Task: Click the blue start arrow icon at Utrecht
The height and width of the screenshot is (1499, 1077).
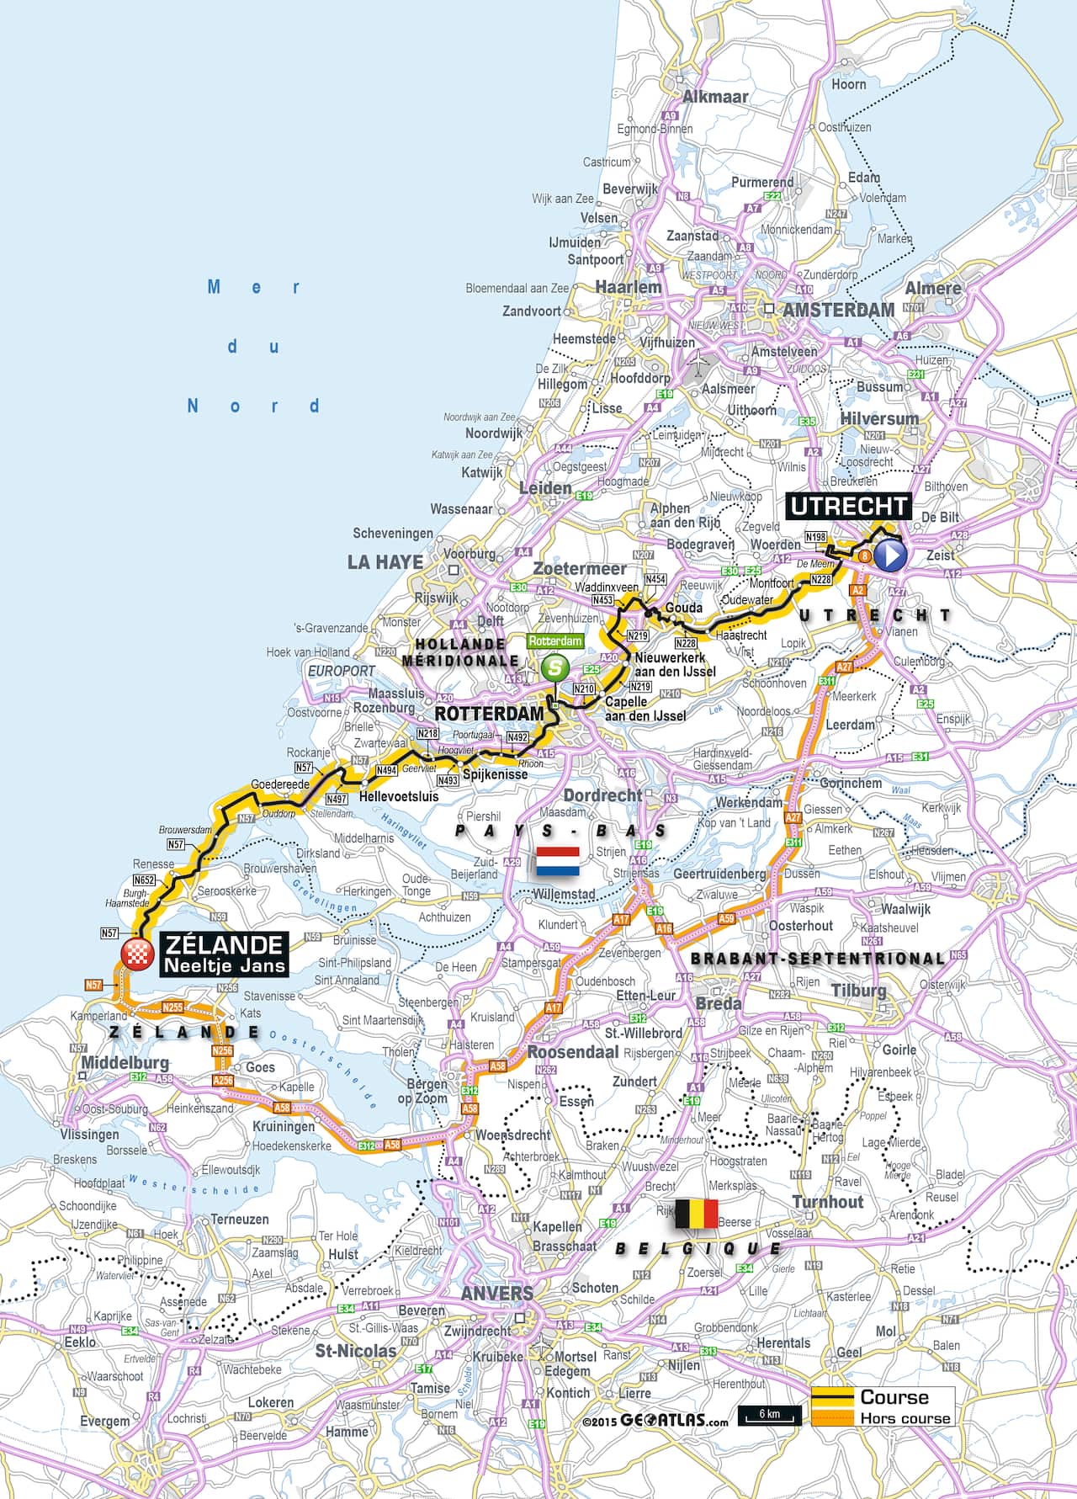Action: tap(889, 555)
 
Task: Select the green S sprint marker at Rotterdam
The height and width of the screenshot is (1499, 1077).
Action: tap(554, 668)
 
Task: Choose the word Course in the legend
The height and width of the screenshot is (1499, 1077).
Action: tap(894, 1397)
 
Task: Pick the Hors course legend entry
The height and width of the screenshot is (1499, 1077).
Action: tap(905, 1418)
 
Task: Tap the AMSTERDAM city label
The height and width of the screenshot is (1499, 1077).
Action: tap(838, 310)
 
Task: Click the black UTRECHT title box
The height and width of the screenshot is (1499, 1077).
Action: tap(837, 507)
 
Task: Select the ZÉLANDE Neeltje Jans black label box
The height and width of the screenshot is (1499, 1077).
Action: tap(224, 954)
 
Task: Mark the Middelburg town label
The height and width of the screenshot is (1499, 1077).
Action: tap(125, 1063)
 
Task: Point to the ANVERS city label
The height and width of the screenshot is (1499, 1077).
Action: tap(496, 1293)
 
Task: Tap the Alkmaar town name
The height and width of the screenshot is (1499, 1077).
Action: tap(714, 96)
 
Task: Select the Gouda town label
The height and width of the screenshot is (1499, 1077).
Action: tap(683, 608)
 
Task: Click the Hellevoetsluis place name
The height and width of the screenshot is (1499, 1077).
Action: tap(399, 796)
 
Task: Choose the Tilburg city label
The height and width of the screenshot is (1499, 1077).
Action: tap(858, 991)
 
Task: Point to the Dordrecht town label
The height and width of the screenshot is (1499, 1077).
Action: tap(602, 795)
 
